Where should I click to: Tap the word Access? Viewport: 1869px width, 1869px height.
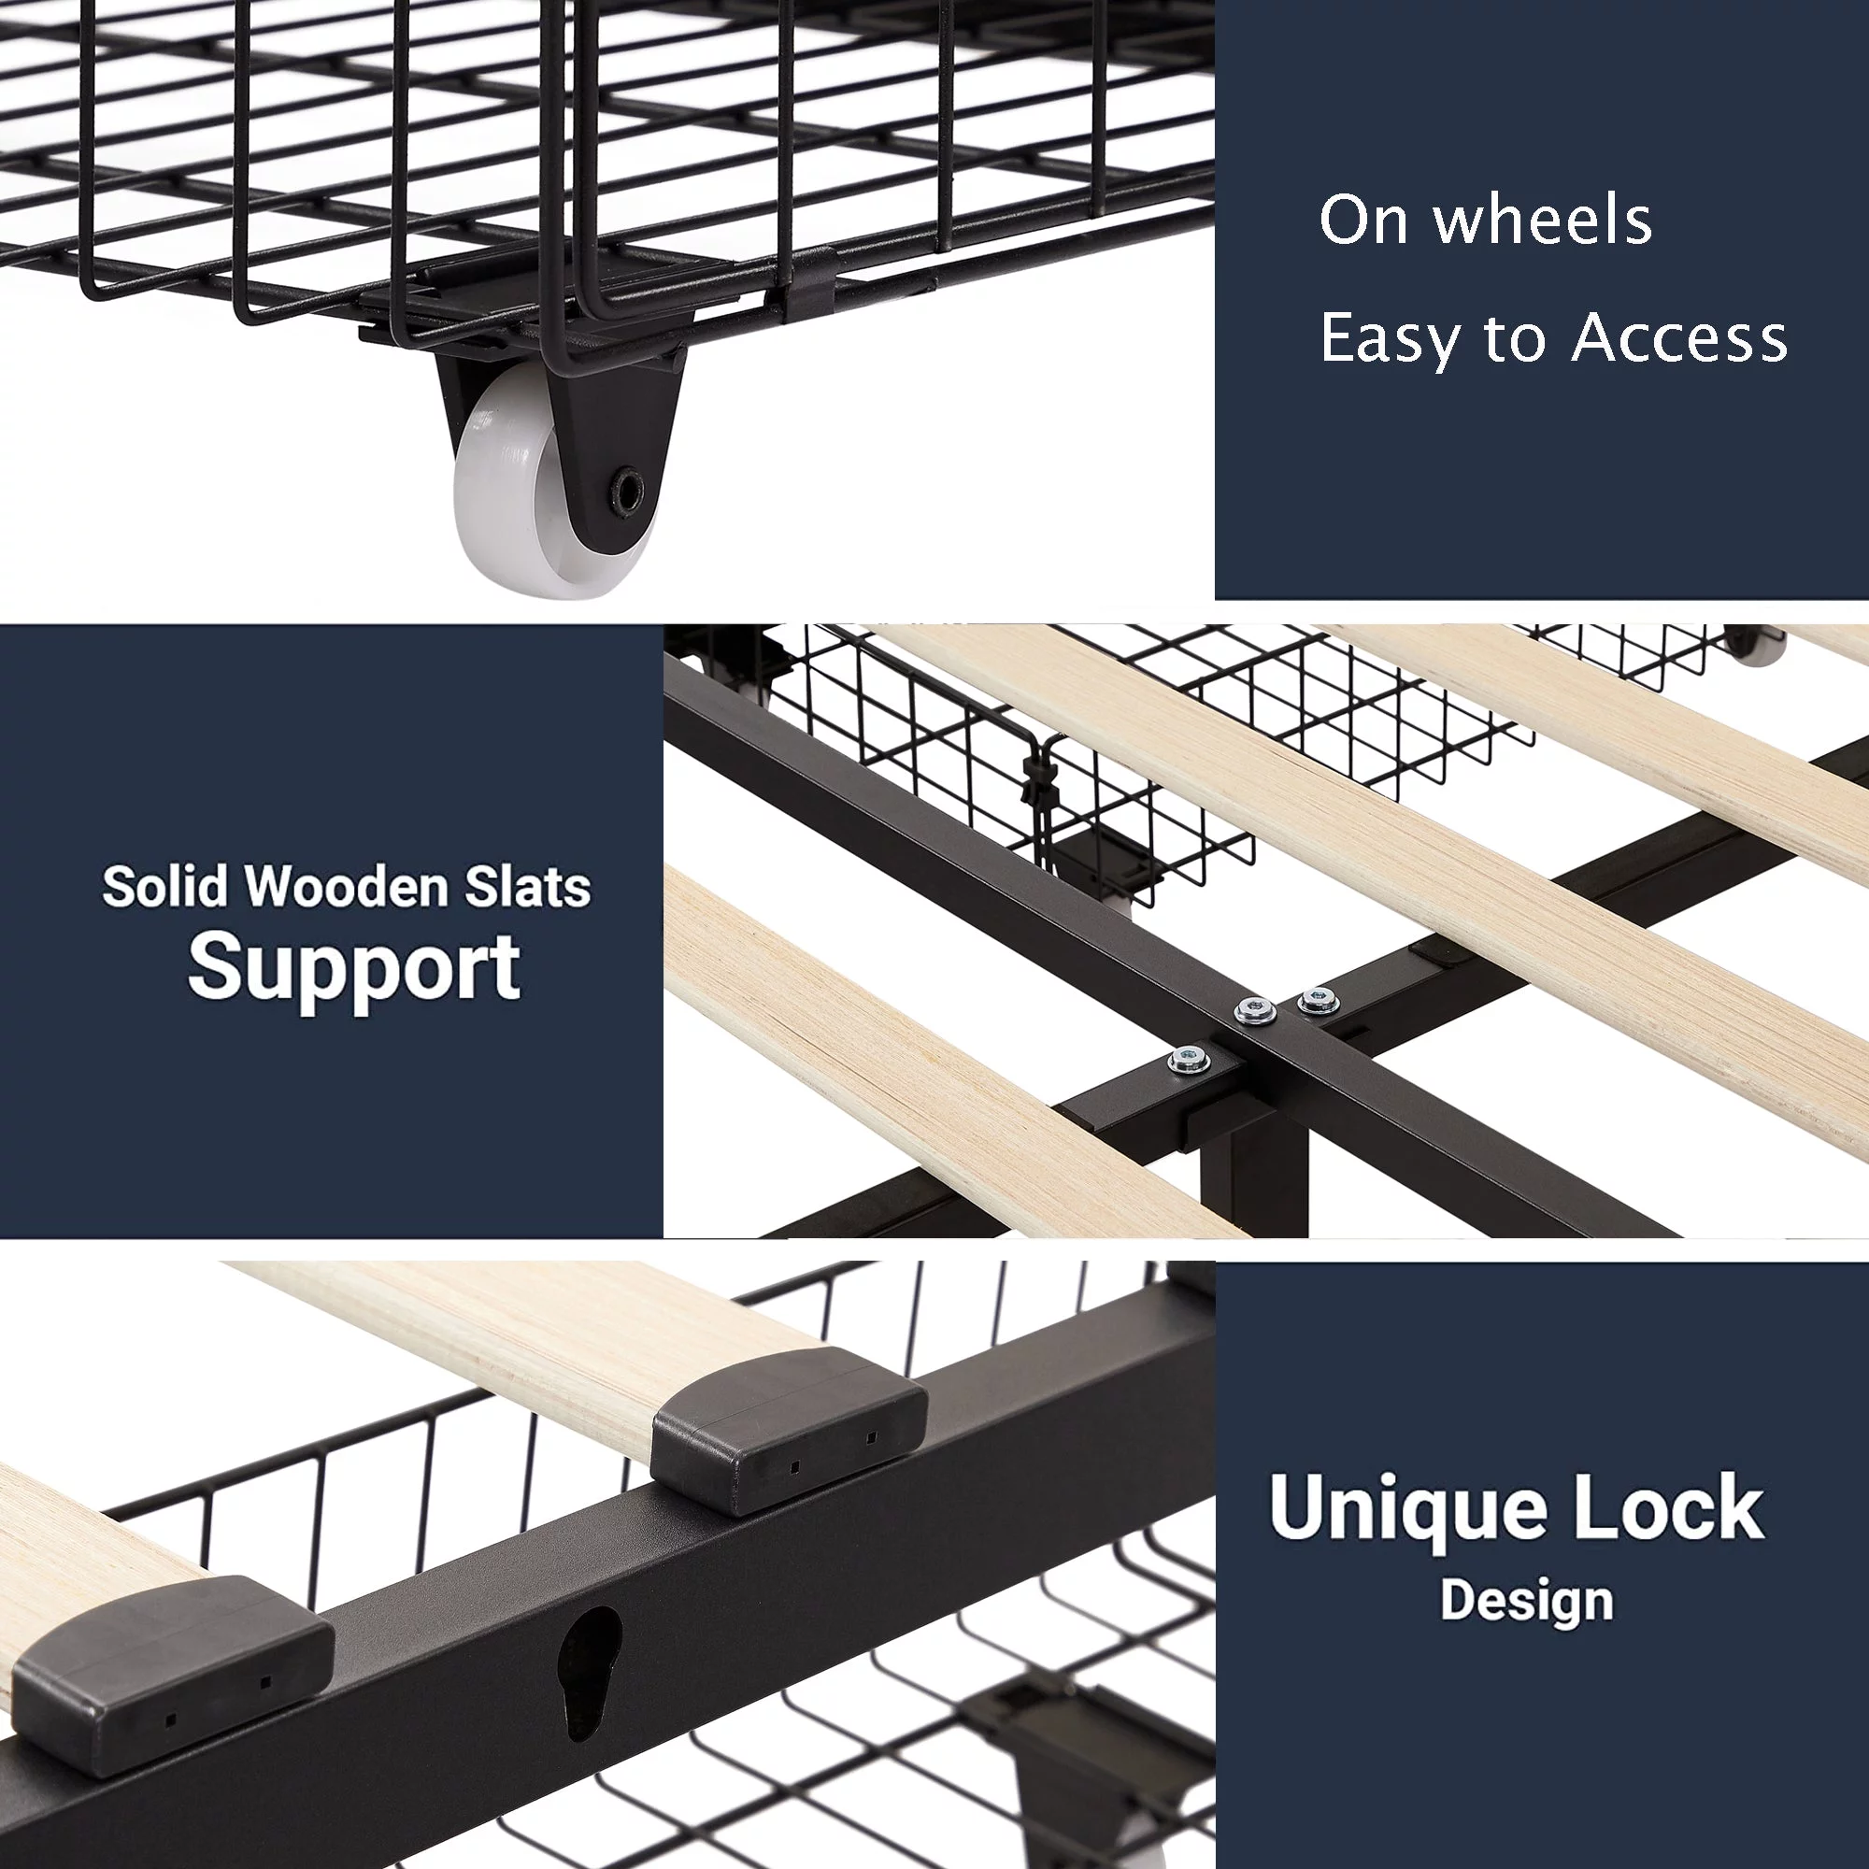click(x=1679, y=337)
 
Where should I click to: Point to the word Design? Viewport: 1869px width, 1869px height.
click(x=1527, y=1601)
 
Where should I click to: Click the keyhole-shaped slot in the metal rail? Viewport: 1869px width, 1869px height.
click(x=589, y=1675)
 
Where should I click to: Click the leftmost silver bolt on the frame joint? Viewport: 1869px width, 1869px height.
click(x=1189, y=1060)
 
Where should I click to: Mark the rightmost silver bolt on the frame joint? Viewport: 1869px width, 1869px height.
click(x=1318, y=999)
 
